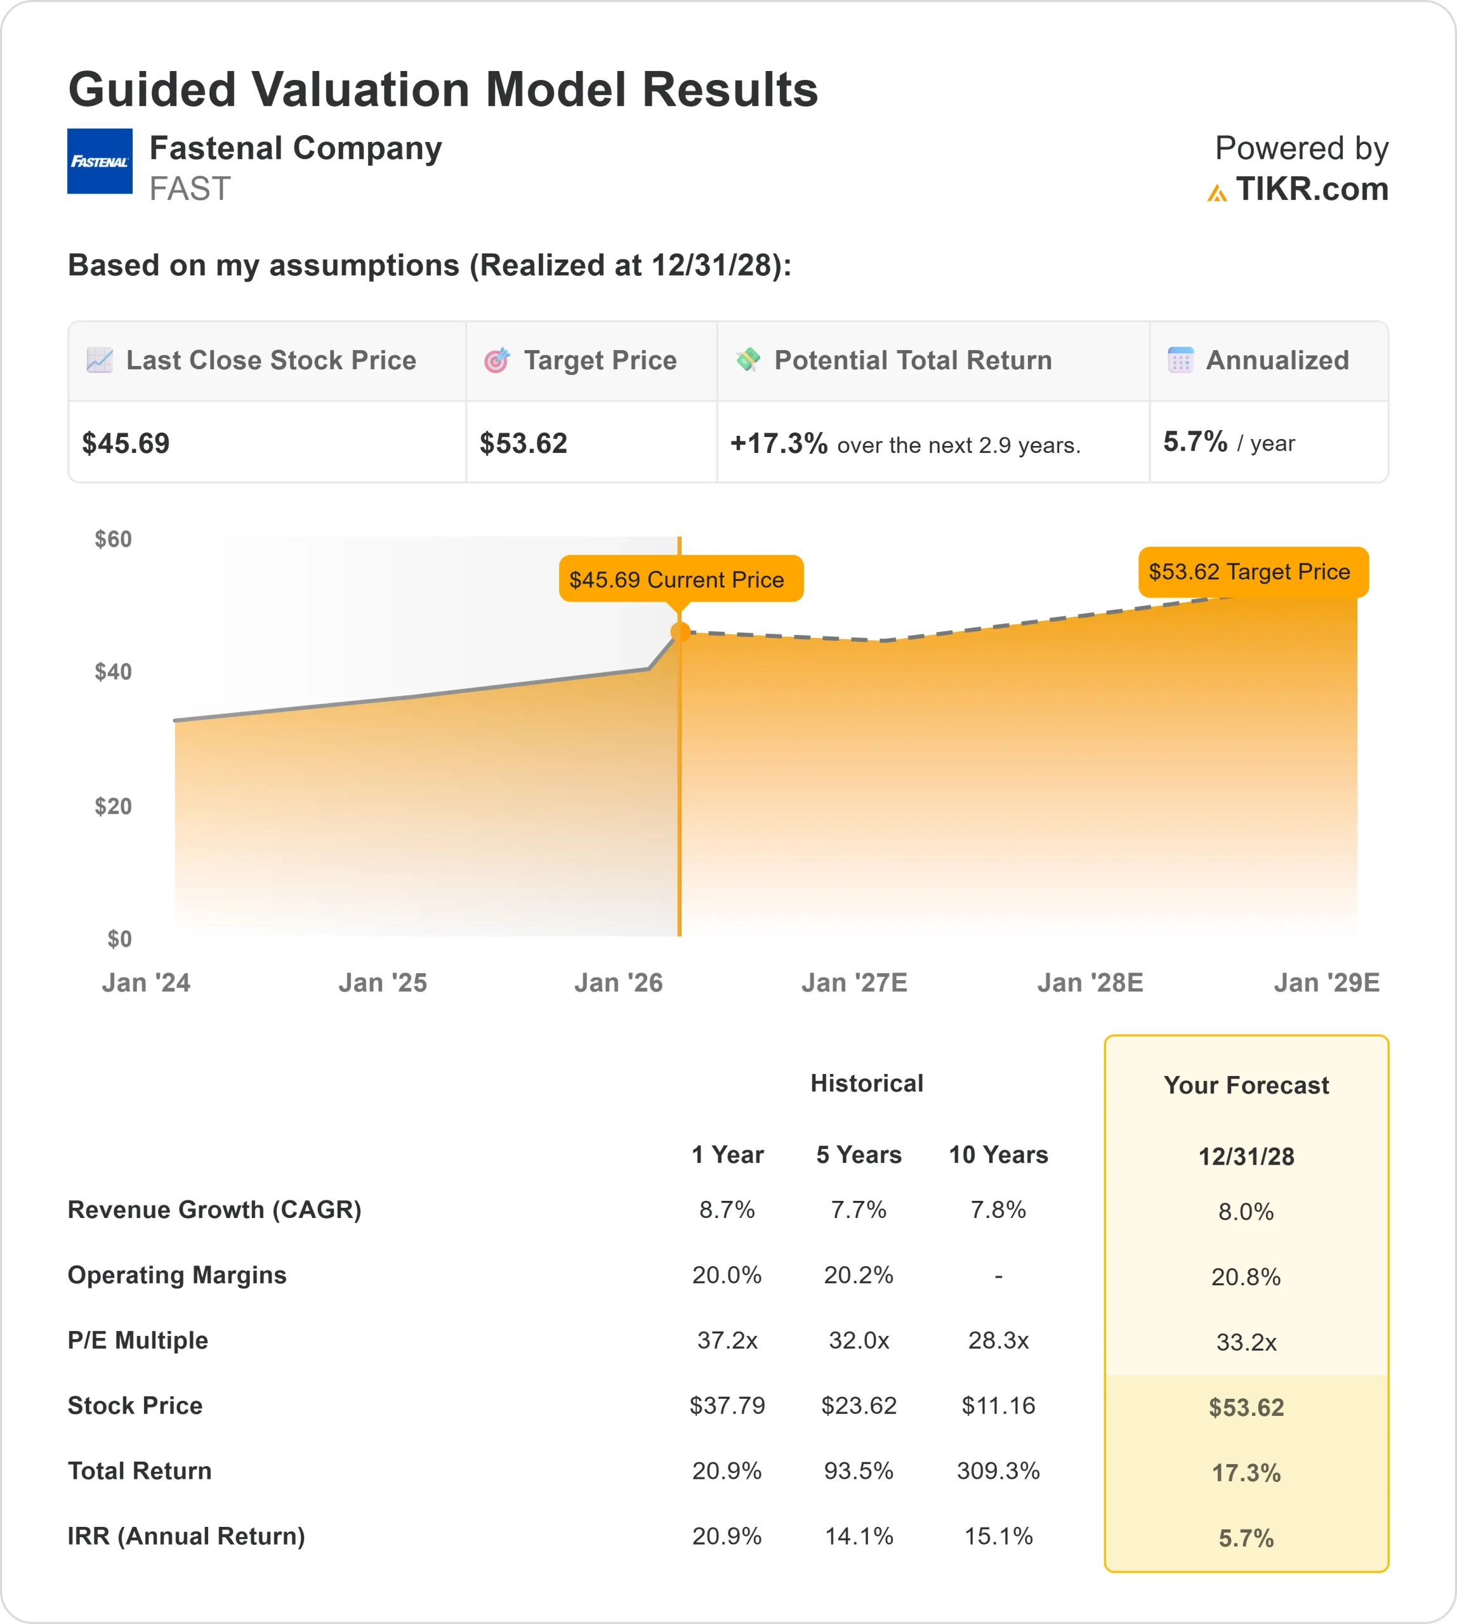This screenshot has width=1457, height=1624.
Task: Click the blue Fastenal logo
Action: point(99,161)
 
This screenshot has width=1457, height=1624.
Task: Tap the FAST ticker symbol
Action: point(190,190)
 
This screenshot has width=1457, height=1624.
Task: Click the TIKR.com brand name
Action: point(1311,190)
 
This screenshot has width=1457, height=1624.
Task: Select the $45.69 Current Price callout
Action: point(680,579)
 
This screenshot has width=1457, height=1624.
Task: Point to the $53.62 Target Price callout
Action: point(1253,572)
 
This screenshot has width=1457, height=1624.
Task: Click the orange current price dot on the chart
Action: point(680,632)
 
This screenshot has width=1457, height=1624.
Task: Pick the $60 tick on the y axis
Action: point(113,539)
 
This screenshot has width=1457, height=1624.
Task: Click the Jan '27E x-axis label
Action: point(854,982)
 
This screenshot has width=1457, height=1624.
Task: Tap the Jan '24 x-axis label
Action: point(146,982)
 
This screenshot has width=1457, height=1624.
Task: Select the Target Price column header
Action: point(600,360)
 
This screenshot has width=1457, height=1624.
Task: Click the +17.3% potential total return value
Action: point(778,443)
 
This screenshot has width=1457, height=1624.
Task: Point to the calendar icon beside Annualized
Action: point(1180,360)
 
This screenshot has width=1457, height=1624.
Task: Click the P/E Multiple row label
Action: point(138,1340)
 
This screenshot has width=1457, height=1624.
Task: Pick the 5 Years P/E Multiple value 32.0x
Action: point(859,1340)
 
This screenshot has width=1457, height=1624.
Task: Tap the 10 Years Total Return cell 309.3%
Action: point(998,1470)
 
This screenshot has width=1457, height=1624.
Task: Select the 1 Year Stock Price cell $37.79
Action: point(727,1406)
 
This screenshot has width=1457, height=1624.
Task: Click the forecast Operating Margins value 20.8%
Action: point(1246,1276)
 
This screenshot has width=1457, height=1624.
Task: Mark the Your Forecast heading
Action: point(1246,1085)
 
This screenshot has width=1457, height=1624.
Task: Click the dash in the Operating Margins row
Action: point(998,1276)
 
